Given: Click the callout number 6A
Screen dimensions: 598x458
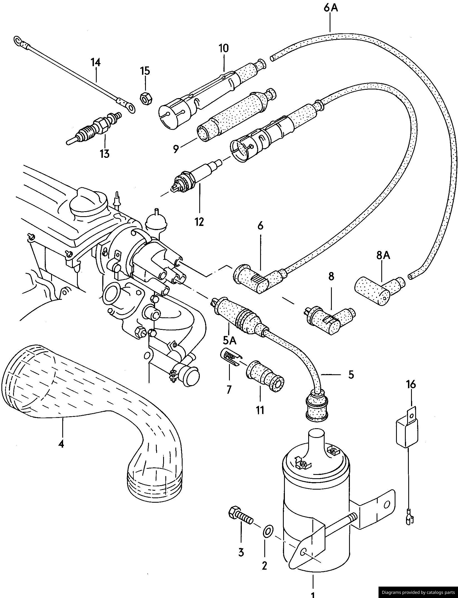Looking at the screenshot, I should [330, 8].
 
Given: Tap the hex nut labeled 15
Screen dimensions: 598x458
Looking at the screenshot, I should [145, 98].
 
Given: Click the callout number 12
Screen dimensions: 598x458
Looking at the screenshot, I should [199, 222].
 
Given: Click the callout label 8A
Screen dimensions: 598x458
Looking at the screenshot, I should [383, 255].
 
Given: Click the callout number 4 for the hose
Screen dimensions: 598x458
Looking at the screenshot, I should [61, 444].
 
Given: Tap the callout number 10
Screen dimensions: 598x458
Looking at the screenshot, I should [223, 48].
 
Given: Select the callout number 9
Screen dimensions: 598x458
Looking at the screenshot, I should [175, 149].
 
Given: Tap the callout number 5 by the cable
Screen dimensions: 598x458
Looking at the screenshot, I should [351, 375].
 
